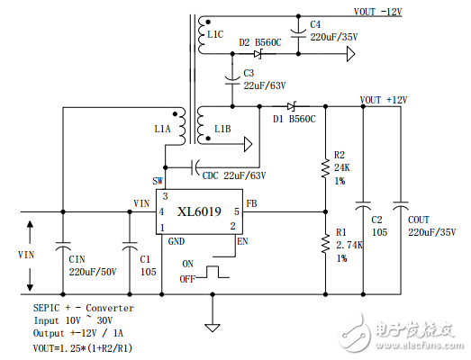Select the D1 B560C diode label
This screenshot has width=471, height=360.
[294, 118]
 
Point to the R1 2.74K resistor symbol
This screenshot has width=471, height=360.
[325, 243]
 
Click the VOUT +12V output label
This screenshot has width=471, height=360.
[384, 99]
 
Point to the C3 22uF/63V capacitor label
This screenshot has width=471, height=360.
[263, 79]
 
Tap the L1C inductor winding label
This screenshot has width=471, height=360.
[215, 34]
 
